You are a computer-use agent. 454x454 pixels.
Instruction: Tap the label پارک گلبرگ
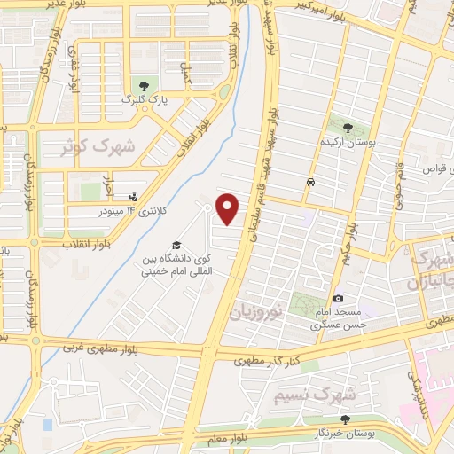click(145, 99)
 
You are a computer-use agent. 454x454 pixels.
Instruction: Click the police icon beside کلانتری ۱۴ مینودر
click(134, 197)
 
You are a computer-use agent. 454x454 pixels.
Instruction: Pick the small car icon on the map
click(309, 183)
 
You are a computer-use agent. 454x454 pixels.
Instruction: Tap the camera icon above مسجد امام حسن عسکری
click(338, 299)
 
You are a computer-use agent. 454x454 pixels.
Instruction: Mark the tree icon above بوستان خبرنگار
click(345, 419)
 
